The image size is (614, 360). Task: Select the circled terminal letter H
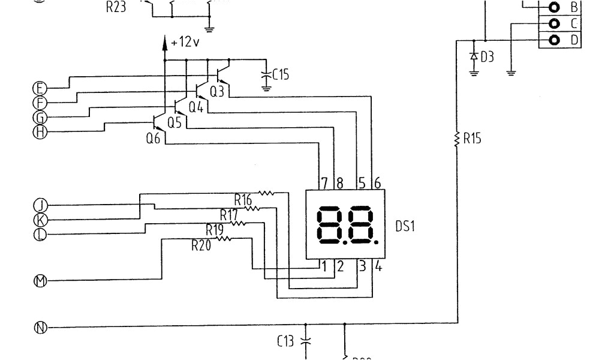(x=40, y=132)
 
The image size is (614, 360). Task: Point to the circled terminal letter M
(x=40, y=280)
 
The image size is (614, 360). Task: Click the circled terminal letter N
(x=40, y=328)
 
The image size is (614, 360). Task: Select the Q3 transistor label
(x=216, y=92)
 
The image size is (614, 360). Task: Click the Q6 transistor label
(x=153, y=138)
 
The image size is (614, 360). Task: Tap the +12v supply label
(x=185, y=43)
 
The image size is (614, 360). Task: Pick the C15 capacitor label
(x=281, y=75)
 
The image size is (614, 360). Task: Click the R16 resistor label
(x=243, y=199)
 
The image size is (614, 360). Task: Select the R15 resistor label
(x=472, y=139)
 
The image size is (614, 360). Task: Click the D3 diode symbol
(x=474, y=56)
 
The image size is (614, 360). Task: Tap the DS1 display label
(x=405, y=227)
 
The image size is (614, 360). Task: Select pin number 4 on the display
(x=378, y=266)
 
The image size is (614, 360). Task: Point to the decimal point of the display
(x=377, y=244)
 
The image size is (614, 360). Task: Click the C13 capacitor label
(x=286, y=342)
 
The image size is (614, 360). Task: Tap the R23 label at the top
(x=115, y=8)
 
